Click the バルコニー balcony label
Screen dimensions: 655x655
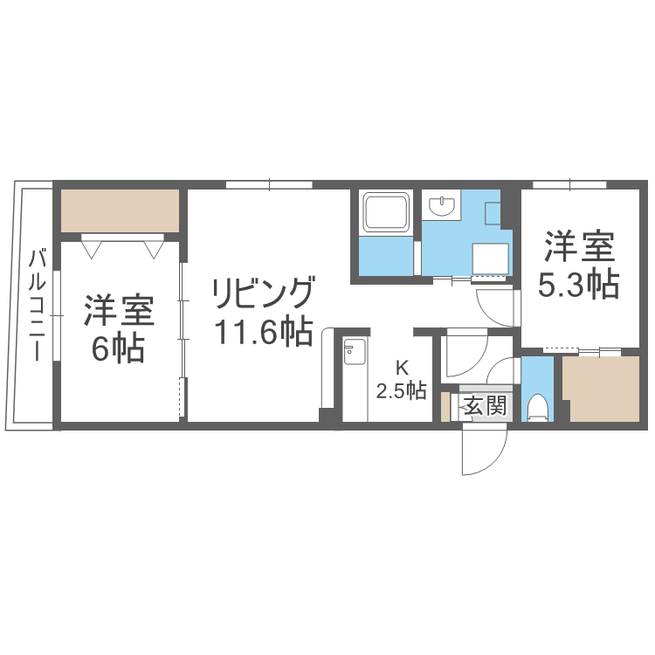click(38, 305)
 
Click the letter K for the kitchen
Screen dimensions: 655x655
click(402, 367)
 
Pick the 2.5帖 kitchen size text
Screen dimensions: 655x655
click(402, 390)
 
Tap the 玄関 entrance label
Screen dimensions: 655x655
click(484, 406)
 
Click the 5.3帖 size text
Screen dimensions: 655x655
click(578, 286)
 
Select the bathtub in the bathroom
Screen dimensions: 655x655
click(387, 214)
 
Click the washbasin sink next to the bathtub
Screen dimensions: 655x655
click(444, 206)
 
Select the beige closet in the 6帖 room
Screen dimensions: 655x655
click(120, 210)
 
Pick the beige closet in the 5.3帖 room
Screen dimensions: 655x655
click(602, 389)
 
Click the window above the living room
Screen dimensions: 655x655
click(269, 184)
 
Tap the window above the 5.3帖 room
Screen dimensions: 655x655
click(569, 184)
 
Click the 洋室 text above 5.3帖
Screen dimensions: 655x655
click(579, 246)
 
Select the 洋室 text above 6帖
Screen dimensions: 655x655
click(119, 310)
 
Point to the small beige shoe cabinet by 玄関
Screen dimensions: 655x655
click(445, 407)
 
